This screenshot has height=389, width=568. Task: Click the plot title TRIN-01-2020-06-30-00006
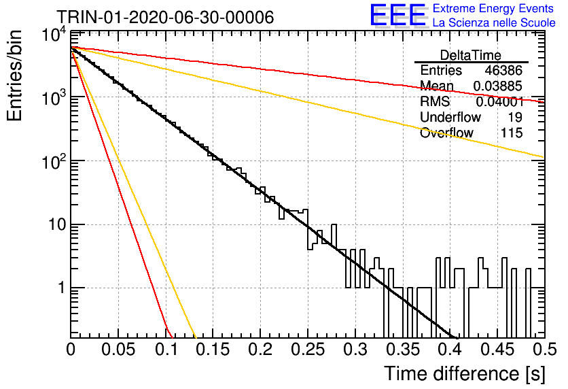[165, 17]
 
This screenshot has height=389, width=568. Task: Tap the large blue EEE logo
[398, 15]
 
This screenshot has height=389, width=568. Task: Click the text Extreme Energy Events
[493, 8]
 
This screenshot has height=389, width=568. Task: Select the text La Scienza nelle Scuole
[494, 23]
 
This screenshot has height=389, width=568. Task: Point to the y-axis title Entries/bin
[14, 75]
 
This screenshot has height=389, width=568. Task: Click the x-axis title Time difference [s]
[465, 374]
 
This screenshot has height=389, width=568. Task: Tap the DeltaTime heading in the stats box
[471, 55]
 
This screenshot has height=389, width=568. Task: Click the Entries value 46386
[503, 70]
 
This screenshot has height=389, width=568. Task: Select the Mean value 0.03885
[498, 86]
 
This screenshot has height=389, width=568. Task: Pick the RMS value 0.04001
[499, 102]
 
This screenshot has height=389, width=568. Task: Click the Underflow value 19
[514, 117]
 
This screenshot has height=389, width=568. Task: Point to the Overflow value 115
[512, 133]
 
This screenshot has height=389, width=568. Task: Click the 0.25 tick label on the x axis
[308, 350]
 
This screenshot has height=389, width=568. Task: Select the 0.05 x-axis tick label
[118, 350]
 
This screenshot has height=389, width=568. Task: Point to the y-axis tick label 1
[62, 288]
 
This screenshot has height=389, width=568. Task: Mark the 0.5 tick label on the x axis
[545, 350]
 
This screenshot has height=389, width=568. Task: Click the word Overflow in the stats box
[446, 133]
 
